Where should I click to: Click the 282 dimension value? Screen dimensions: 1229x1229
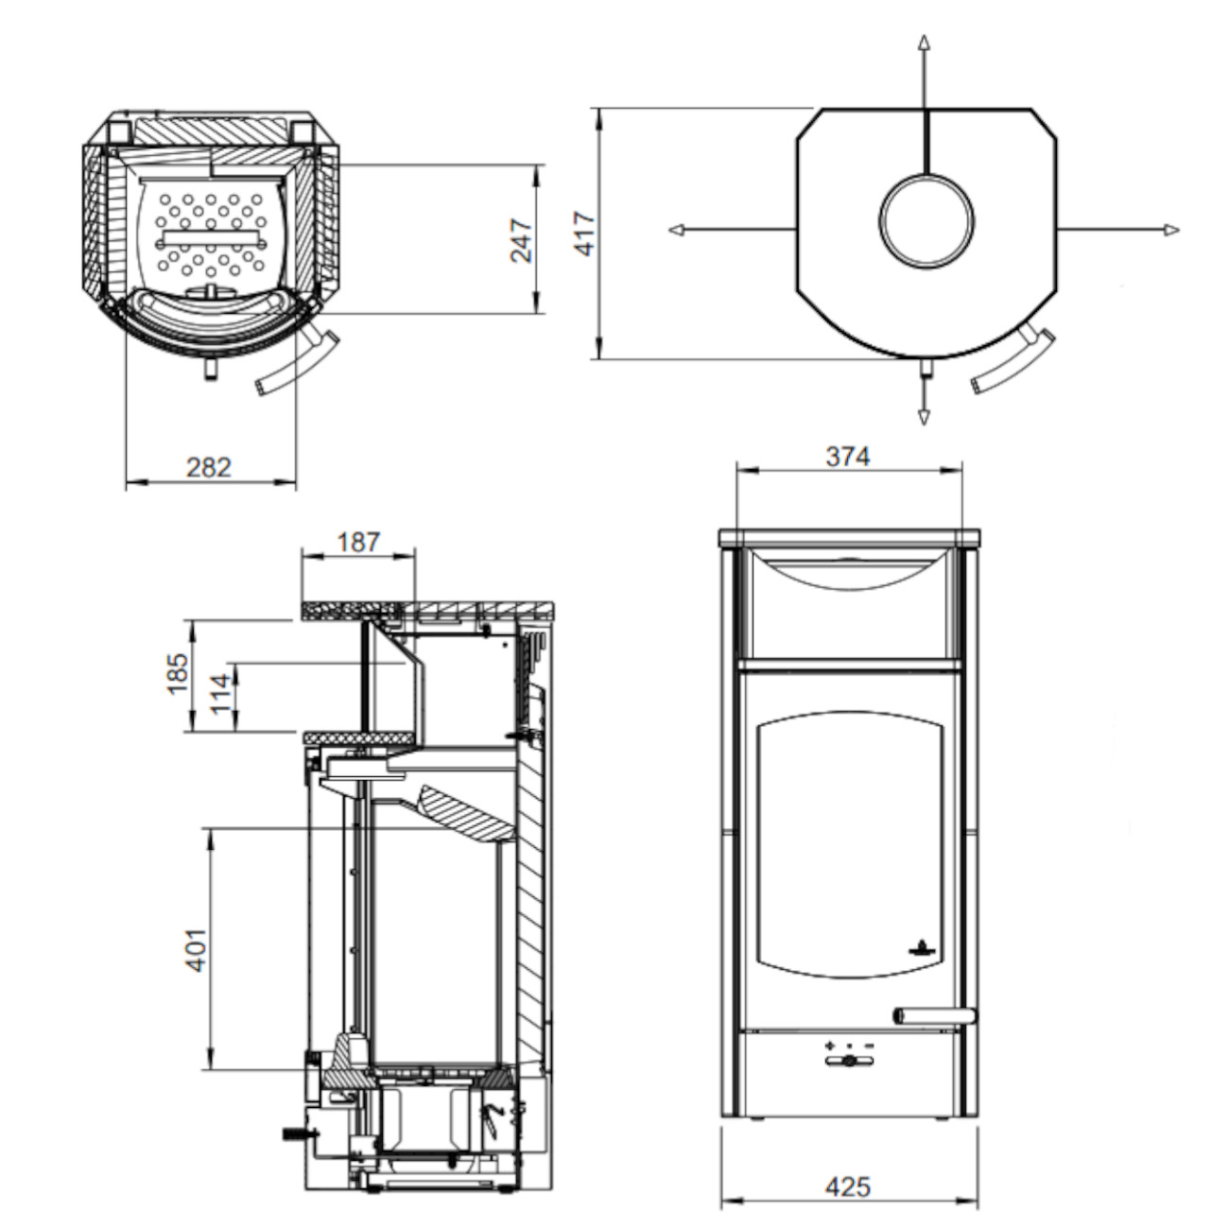209,468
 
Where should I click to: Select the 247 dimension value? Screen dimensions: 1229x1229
521,240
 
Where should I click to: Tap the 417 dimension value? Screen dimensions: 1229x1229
585,234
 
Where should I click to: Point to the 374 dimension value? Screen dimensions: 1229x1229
848,457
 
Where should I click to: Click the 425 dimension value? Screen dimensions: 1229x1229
848,1186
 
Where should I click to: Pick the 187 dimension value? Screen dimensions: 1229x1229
357,542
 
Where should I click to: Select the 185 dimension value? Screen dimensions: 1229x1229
177,673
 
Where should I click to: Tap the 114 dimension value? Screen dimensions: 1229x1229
220,694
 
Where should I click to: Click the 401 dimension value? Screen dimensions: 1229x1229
197,950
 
